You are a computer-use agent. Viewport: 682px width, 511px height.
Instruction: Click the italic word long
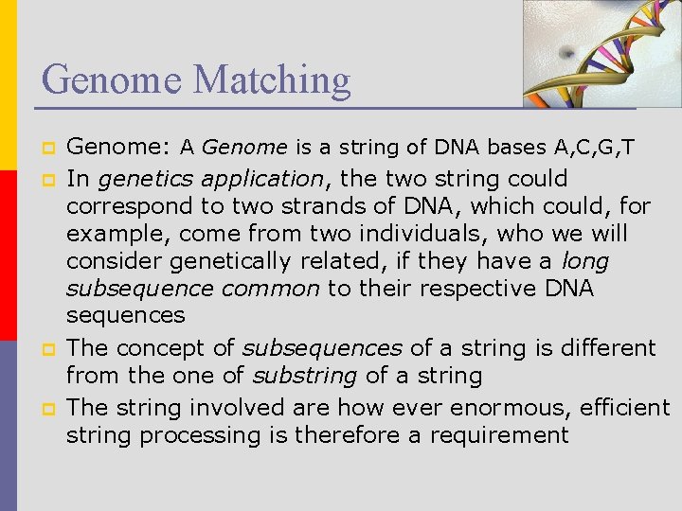coord(584,260)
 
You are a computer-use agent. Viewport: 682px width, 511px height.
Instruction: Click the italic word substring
coord(304,376)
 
